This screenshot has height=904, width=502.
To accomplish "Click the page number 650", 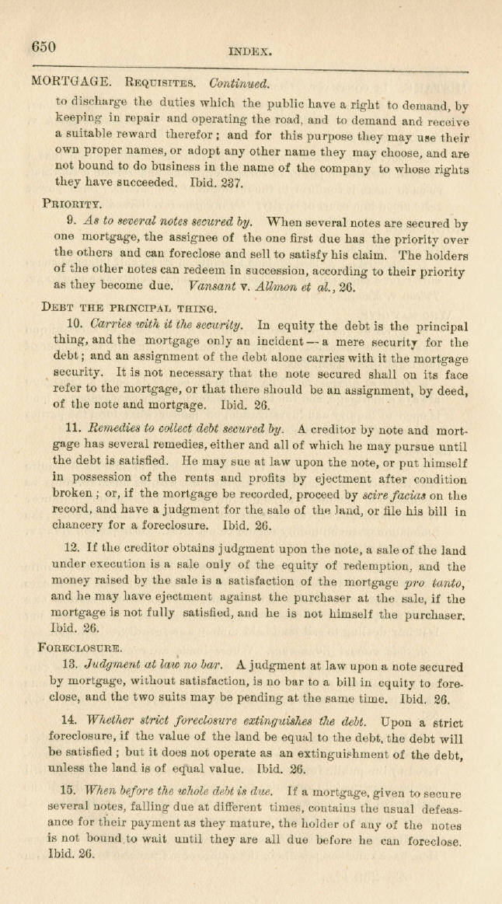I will click(44, 46).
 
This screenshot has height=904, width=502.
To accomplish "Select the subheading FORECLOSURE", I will click(79, 646).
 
